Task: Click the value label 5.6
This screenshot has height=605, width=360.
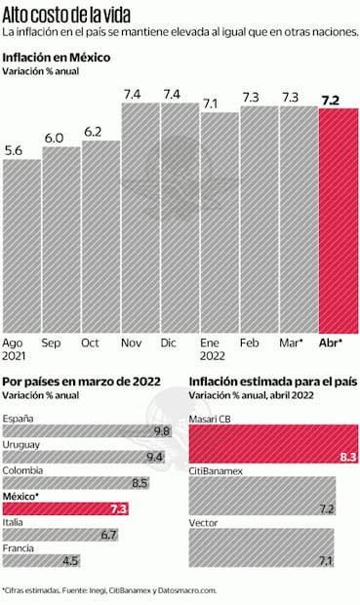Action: pyautogui.click(x=15, y=151)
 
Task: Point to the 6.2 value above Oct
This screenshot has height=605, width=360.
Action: pyautogui.click(x=94, y=131)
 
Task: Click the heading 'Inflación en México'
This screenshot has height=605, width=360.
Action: pyautogui.click(x=56, y=58)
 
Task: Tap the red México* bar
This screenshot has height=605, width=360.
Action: pyautogui.click(x=66, y=507)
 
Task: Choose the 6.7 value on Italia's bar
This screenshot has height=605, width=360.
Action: pyautogui.click(x=108, y=534)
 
